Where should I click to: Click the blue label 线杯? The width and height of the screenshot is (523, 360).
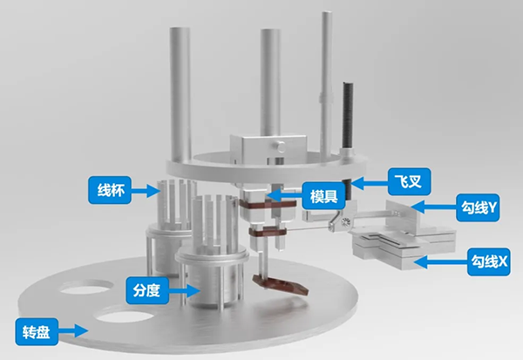point(110,190)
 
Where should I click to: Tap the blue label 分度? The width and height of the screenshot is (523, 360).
point(147,290)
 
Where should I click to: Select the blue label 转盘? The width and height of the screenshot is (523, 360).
point(37,332)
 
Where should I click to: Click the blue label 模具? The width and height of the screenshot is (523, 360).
point(323,196)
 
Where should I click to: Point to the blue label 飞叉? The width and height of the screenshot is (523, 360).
point(410,181)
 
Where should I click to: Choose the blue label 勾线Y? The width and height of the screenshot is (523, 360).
point(478,207)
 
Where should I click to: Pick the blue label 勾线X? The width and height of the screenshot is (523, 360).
point(489,262)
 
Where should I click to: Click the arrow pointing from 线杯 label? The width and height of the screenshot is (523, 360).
point(146,191)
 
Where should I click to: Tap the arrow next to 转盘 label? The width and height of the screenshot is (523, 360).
point(73,331)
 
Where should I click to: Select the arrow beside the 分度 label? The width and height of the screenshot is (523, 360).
point(184,290)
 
